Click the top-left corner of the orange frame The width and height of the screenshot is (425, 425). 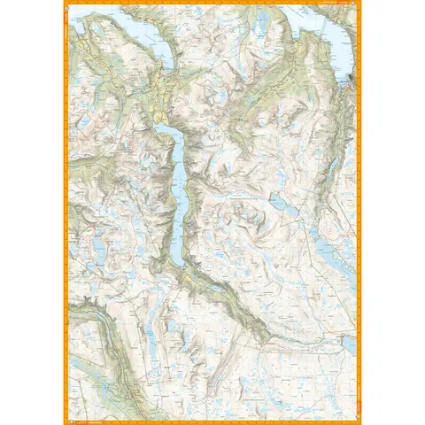click(63, 4)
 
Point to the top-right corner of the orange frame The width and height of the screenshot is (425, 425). click(361, 4)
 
